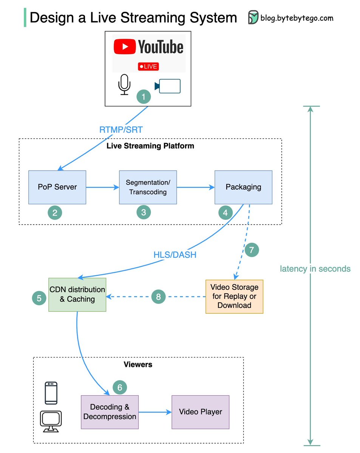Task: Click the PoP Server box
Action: pos(57,187)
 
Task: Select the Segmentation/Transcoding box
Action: pos(148,187)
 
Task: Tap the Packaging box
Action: pos(243,187)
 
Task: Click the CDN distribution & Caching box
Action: pos(77,294)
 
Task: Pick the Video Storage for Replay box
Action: pos(234,296)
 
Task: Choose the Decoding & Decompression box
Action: pos(110,412)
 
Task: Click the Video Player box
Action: pos(200,412)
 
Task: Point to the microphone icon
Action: pos(124,84)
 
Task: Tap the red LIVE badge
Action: pos(148,66)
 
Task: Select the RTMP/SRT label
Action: pos(121,130)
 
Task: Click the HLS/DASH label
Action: pos(174,255)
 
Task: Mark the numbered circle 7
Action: pos(252,250)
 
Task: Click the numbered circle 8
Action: pos(158,297)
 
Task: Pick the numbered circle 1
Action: pos(143,97)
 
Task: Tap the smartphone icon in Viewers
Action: pos(51,393)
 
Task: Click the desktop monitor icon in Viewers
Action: pos(51,421)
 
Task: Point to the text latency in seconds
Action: pos(315,269)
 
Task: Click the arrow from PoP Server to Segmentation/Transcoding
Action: pos(102,187)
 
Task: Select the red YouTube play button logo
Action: pos(124,47)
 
